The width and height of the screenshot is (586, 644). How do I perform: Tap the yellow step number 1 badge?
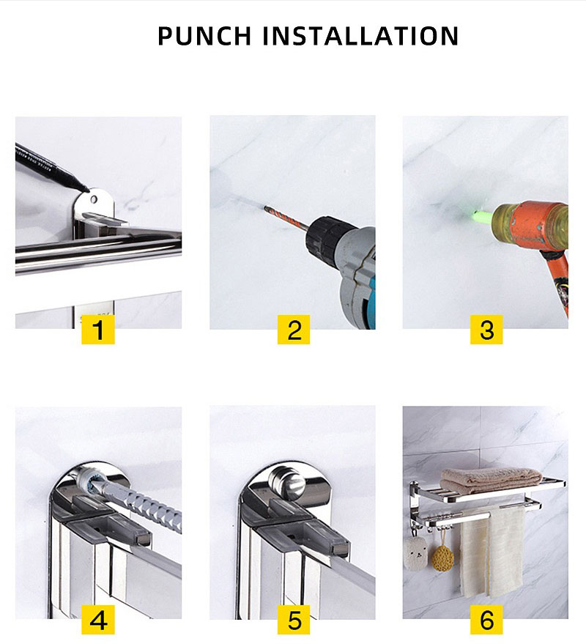[x=97, y=330]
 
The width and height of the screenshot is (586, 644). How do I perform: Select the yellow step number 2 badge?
[x=294, y=330]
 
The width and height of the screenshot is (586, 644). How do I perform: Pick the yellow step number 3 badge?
[x=486, y=330]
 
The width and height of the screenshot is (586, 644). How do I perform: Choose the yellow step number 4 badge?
[x=97, y=620]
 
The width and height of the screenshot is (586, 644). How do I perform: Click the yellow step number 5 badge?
[x=294, y=620]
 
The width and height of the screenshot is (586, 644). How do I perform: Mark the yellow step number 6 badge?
[x=486, y=620]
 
